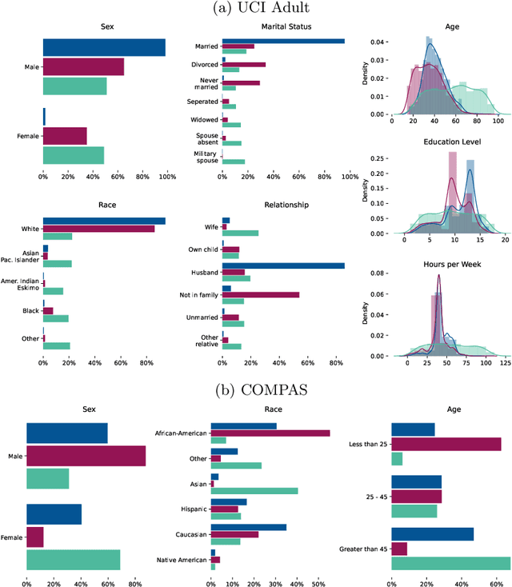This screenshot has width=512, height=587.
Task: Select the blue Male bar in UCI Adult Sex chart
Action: tap(104, 48)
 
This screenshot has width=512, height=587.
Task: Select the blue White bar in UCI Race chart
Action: tap(104, 222)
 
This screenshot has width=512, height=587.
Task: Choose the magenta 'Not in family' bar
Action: tap(261, 294)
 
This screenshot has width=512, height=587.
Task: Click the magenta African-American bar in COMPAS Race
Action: tap(270, 433)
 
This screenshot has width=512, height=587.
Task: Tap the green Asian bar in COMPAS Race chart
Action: tap(254, 490)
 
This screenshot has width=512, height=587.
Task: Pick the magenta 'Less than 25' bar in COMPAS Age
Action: tap(446, 444)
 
